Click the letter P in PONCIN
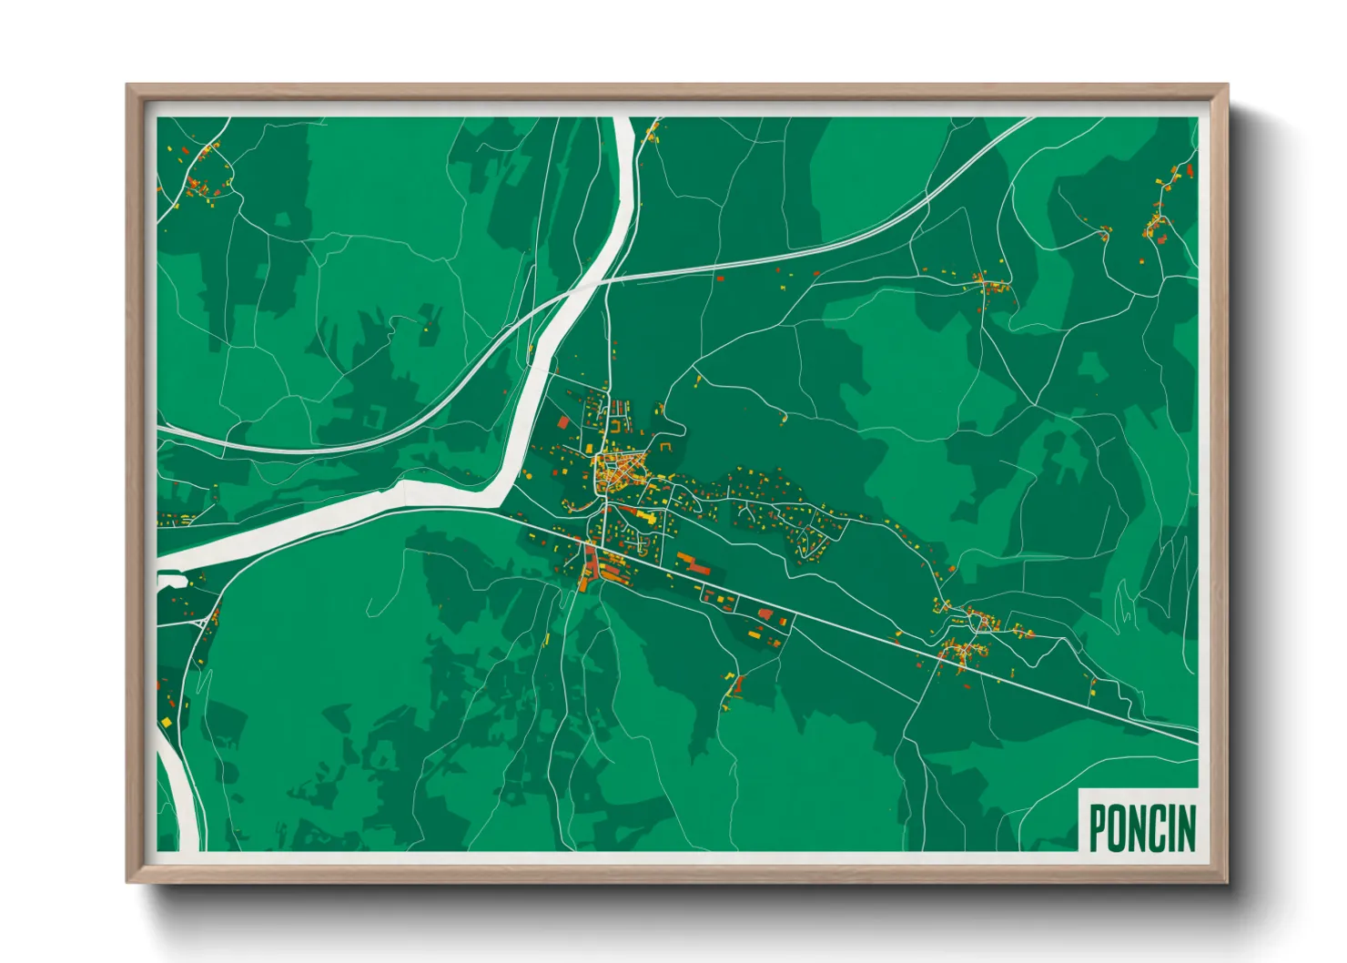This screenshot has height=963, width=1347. (x=1099, y=827)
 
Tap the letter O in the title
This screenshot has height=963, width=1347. (x=1119, y=827)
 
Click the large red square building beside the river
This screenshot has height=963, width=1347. (x=562, y=422)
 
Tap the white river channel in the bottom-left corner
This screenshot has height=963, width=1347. (x=177, y=792)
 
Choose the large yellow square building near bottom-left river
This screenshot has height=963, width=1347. (x=167, y=723)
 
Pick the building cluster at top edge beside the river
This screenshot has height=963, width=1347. (x=652, y=132)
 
